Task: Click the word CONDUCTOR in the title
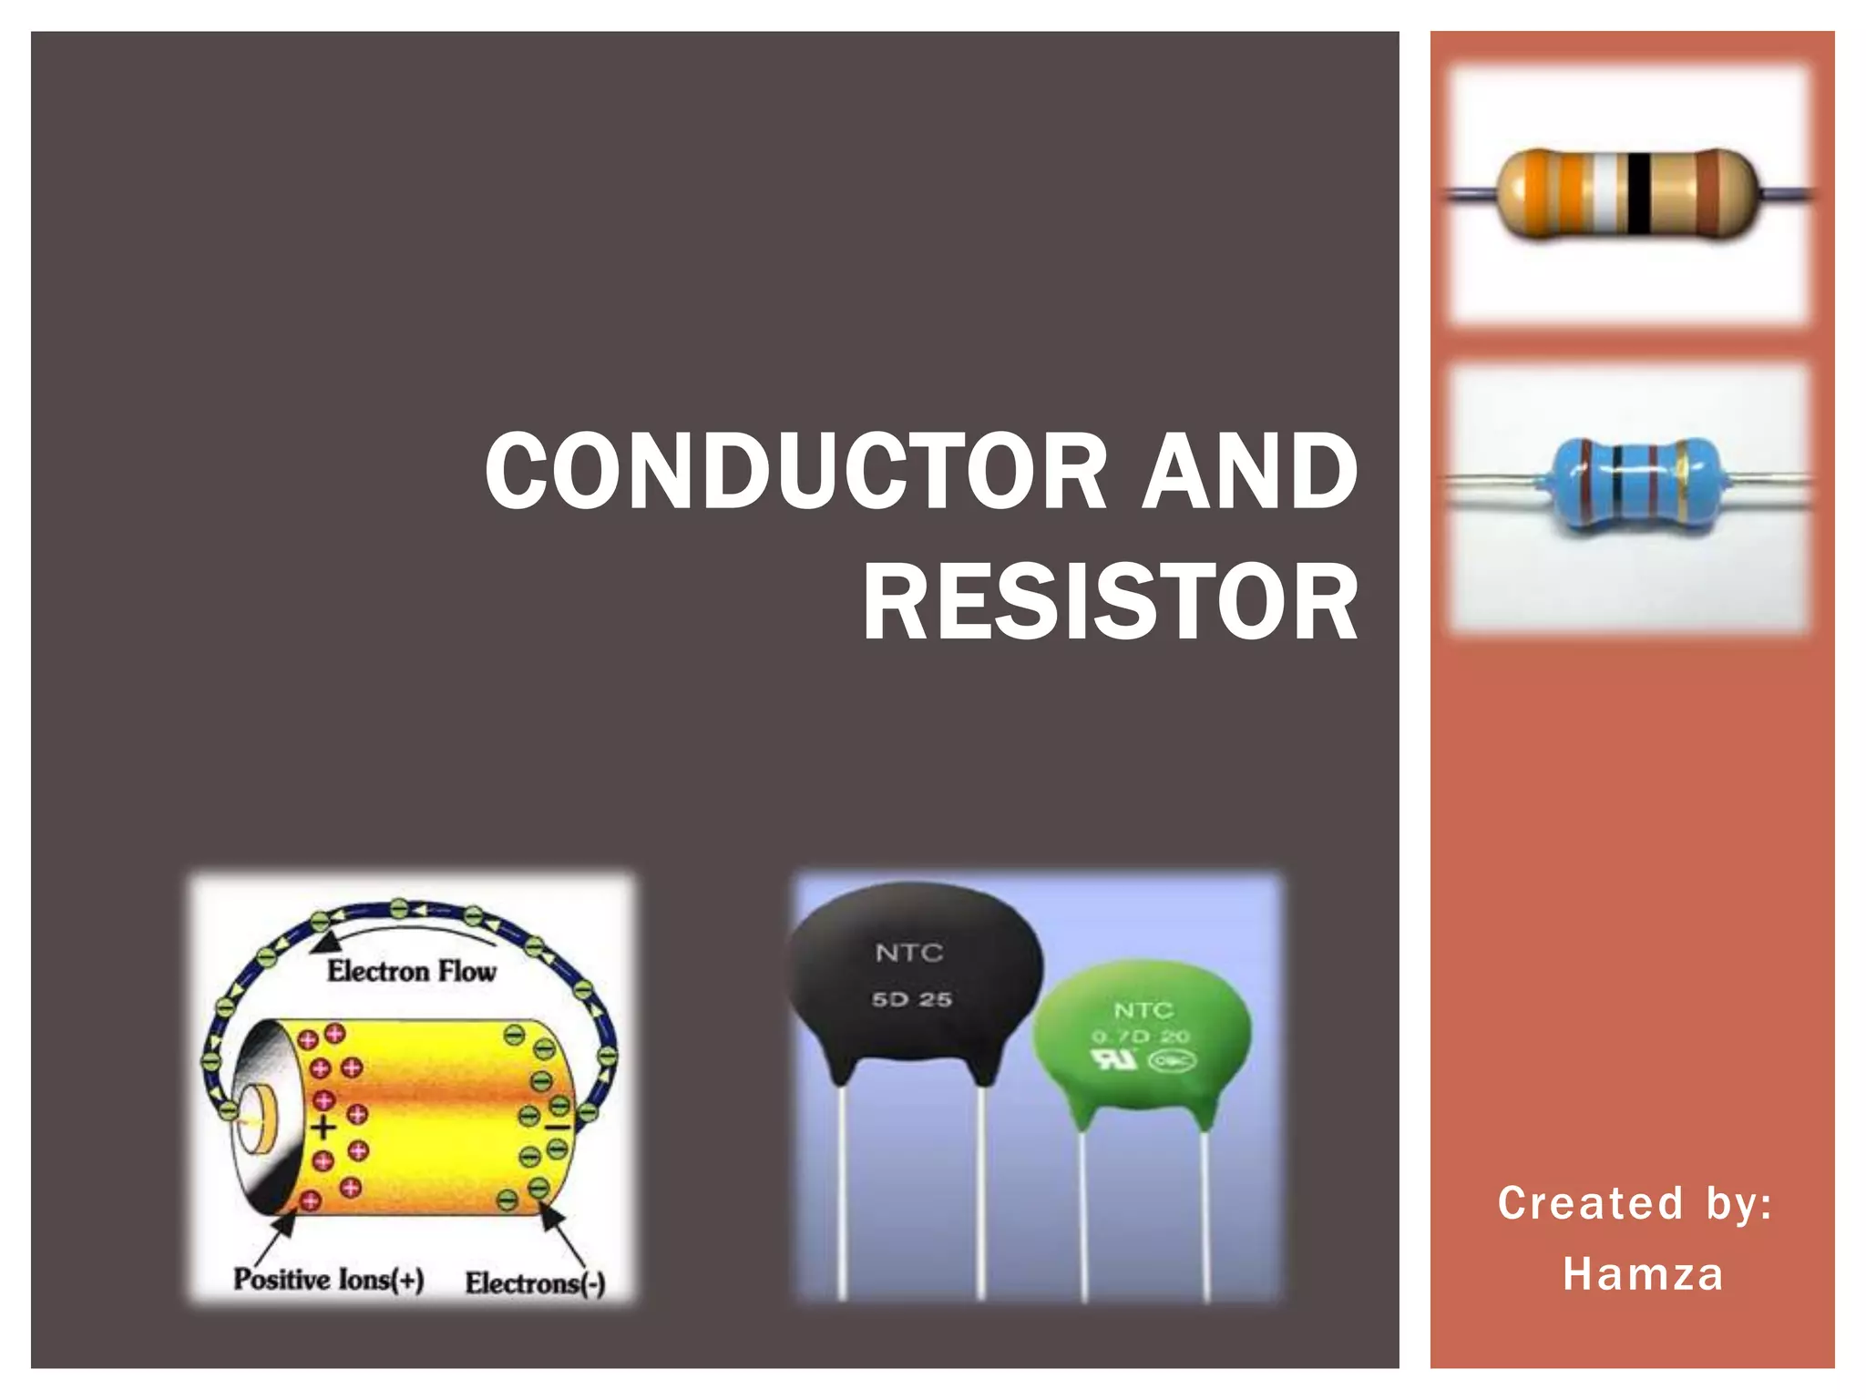[x=795, y=472]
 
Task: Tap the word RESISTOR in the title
[x=1110, y=603]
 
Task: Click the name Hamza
[x=1643, y=1274]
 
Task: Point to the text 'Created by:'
[x=1635, y=1203]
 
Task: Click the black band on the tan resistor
[x=1639, y=193]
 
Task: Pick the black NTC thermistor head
[x=914, y=975]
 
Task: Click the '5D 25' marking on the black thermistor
[x=911, y=999]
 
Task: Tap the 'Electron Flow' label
[x=412, y=972]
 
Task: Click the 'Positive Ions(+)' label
[x=329, y=1280]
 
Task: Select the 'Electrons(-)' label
[x=535, y=1283]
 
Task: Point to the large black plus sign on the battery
[x=323, y=1128]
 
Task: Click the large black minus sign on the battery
[x=557, y=1128]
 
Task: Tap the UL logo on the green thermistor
[x=1113, y=1059]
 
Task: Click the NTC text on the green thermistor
[x=1143, y=1010]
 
